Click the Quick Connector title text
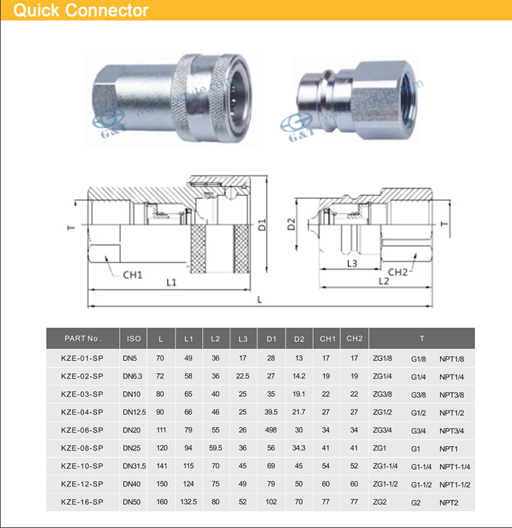click(81, 11)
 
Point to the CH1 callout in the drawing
click(132, 275)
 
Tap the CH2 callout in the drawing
click(397, 271)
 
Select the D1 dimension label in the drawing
click(262, 225)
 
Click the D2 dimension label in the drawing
click(291, 224)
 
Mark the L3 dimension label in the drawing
click(352, 263)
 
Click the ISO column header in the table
click(134, 339)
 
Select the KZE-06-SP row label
click(82, 429)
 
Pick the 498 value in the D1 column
click(271, 429)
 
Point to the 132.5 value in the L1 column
click(189, 502)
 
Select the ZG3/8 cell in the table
click(383, 394)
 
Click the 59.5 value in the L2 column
click(216, 448)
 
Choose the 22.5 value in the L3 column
click(243, 376)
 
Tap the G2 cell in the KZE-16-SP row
click(417, 502)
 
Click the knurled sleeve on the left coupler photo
click(193, 96)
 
